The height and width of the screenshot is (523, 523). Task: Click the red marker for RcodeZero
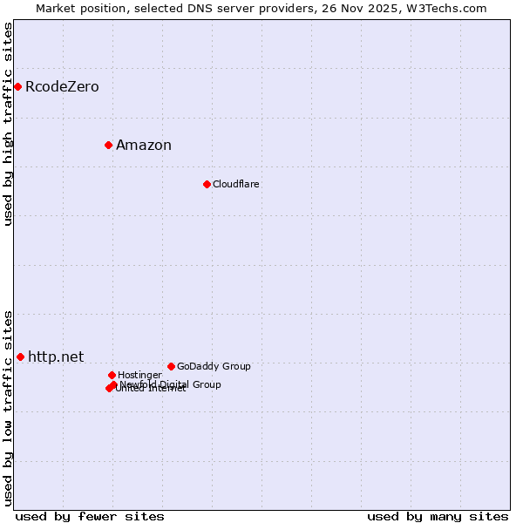[x=17, y=86]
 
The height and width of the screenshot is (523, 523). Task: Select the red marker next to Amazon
[x=108, y=145]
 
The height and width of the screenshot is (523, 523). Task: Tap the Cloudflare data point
[x=207, y=184]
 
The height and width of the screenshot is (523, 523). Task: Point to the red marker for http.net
[x=20, y=357]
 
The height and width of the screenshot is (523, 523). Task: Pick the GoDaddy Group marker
[x=171, y=366]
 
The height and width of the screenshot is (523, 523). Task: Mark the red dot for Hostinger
[x=112, y=375]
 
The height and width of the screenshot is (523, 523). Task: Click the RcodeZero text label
[x=62, y=87]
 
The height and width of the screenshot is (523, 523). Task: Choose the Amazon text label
[x=144, y=146]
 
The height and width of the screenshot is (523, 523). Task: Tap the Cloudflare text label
[x=236, y=185]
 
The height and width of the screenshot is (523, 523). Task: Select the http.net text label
[x=56, y=357]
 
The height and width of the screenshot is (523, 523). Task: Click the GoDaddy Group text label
[x=214, y=367]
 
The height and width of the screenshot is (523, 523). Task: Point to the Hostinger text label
[x=139, y=376]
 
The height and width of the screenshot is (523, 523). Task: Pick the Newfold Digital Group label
[x=171, y=384]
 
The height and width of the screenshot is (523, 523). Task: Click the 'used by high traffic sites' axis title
[x=9, y=124]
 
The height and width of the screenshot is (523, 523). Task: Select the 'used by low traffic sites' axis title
[x=9, y=408]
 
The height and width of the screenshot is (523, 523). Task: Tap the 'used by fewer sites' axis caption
[x=90, y=517]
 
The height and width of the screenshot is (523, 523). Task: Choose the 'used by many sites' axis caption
[x=438, y=517]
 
